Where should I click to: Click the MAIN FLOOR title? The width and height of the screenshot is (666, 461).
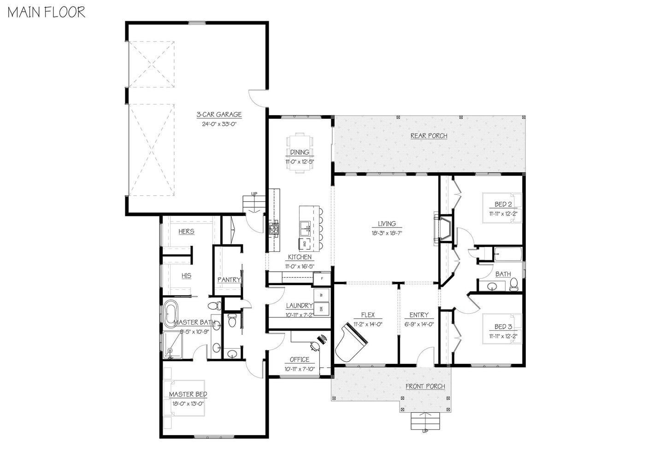pyautogui.click(x=47, y=12)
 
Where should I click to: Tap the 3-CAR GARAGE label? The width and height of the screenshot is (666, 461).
pyautogui.click(x=219, y=115)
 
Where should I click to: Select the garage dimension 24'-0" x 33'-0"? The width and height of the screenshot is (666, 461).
pyautogui.click(x=219, y=124)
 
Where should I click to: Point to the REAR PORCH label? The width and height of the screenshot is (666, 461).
pyautogui.click(x=429, y=136)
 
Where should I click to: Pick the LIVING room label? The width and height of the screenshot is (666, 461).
pyautogui.click(x=387, y=224)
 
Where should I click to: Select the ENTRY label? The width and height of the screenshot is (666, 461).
pyautogui.click(x=418, y=315)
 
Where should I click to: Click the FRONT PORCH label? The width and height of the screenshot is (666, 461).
pyautogui.click(x=425, y=386)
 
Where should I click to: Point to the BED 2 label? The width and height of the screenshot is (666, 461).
pyautogui.click(x=503, y=204)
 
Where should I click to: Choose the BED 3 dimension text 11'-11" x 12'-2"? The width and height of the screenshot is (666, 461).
pyautogui.click(x=503, y=336)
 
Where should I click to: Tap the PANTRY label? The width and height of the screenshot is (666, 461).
pyautogui.click(x=229, y=280)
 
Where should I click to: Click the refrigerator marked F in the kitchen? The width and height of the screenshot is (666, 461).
pyautogui.click(x=322, y=278)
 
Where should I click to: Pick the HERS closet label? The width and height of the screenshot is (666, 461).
pyautogui.click(x=186, y=232)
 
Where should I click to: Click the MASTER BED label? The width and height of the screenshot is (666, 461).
pyautogui.click(x=188, y=395)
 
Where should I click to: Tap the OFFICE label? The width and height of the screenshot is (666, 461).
pyautogui.click(x=300, y=360)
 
